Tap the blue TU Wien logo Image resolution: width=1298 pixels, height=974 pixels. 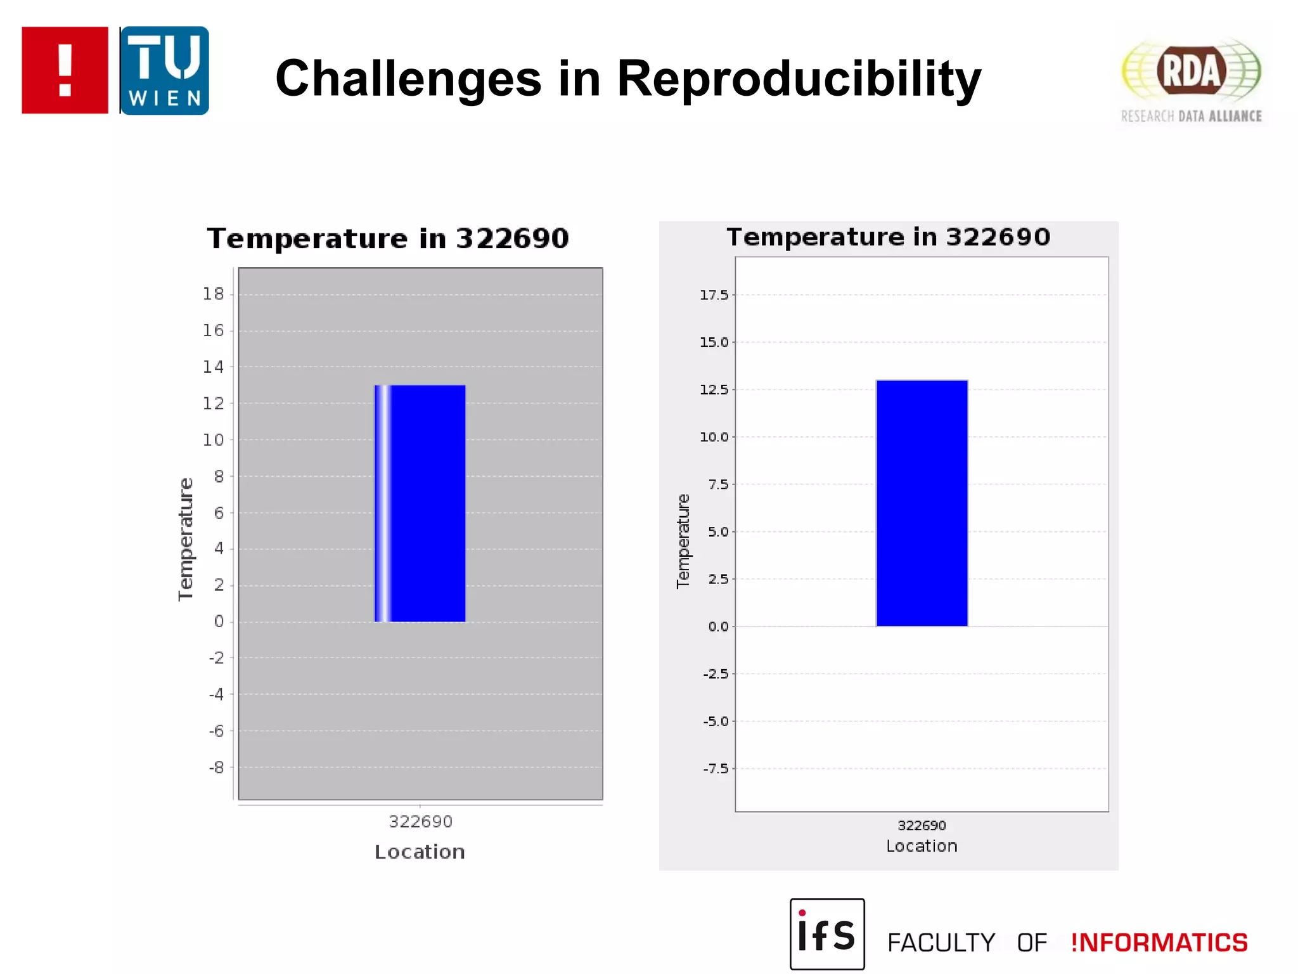(165, 70)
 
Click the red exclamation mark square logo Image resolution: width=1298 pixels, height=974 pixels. (65, 70)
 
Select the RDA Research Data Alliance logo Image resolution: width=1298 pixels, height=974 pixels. (1192, 79)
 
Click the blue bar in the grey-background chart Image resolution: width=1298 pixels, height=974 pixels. (420, 503)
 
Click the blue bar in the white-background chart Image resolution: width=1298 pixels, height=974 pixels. (922, 503)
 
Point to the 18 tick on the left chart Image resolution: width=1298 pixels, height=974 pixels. (214, 294)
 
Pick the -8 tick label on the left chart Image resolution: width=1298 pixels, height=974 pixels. (217, 767)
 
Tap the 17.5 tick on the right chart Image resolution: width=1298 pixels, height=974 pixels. (714, 295)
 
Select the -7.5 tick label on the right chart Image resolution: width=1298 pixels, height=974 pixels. (716, 769)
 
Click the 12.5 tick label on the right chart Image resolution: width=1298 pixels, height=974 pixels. (714, 389)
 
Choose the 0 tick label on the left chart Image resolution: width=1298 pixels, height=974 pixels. (219, 621)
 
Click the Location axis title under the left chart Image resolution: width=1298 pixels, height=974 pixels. (420, 852)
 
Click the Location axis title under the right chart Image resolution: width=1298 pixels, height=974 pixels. (922, 846)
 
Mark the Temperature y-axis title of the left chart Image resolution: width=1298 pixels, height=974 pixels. (185, 539)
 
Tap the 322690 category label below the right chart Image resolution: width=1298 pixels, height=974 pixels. (922, 826)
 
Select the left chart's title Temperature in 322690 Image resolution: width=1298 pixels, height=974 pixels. (388, 238)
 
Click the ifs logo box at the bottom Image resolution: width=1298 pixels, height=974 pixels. (827, 934)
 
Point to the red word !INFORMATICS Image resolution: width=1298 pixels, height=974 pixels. (1159, 943)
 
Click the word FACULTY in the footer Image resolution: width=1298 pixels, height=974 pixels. (941, 943)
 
